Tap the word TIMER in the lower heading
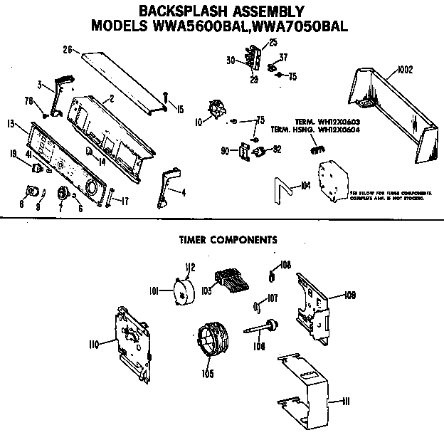point(195,239)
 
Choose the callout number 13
point(11,125)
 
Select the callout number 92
point(277,150)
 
